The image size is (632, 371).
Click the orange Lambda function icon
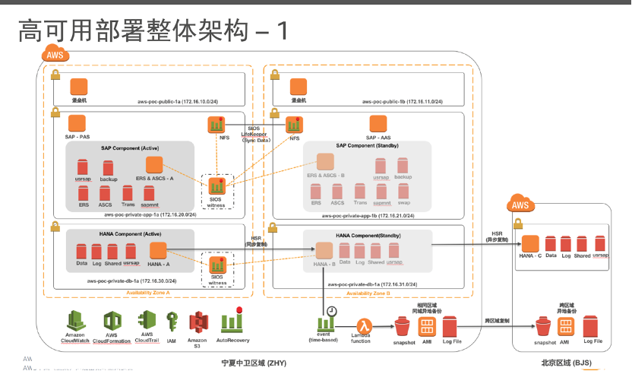(x=363, y=327)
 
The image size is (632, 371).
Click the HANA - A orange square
(x=158, y=250)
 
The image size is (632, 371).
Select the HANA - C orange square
(x=530, y=243)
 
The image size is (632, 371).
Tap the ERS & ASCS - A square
(x=154, y=165)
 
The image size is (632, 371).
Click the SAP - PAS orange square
(x=77, y=122)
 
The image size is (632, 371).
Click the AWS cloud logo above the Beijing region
(x=520, y=205)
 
